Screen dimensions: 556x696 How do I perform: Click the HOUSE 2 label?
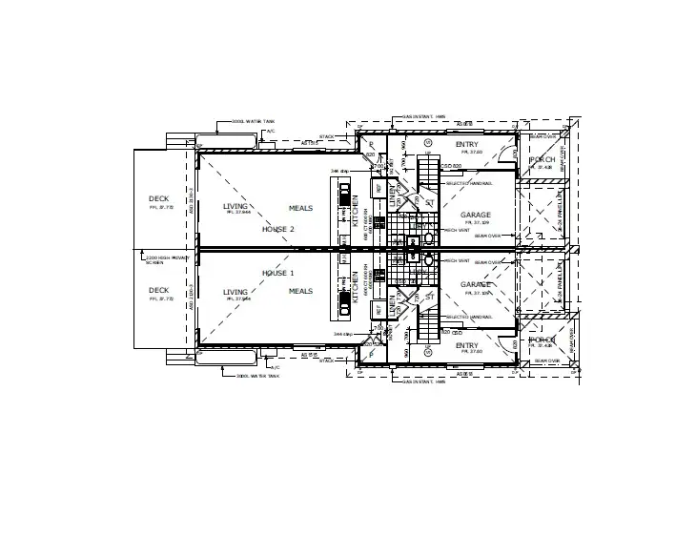click(x=278, y=230)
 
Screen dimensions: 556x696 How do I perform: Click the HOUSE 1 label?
click(x=278, y=273)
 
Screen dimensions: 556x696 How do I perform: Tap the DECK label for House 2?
click(x=158, y=198)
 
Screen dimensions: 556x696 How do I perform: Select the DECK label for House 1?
click(x=158, y=290)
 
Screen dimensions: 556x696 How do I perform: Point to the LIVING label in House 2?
click(x=235, y=206)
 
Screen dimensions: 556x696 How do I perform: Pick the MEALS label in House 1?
click(x=300, y=291)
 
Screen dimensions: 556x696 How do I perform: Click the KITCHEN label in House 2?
click(x=355, y=210)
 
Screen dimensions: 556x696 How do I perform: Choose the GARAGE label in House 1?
click(x=476, y=284)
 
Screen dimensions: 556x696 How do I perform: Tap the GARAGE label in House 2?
click(x=476, y=215)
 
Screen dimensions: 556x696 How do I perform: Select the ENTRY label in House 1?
click(x=467, y=345)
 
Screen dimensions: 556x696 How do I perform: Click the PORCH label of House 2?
click(x=542, y=159)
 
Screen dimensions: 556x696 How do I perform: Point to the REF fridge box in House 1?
click(x=379, y=309)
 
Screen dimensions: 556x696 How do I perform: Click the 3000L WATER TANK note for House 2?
click(x=254, y=122)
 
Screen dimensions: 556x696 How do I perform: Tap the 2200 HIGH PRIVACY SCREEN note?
click(x=159, y=258)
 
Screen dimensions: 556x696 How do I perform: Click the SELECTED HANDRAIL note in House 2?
click(x=468, y=183)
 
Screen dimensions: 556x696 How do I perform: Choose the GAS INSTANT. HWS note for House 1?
click(x=424, y=381)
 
